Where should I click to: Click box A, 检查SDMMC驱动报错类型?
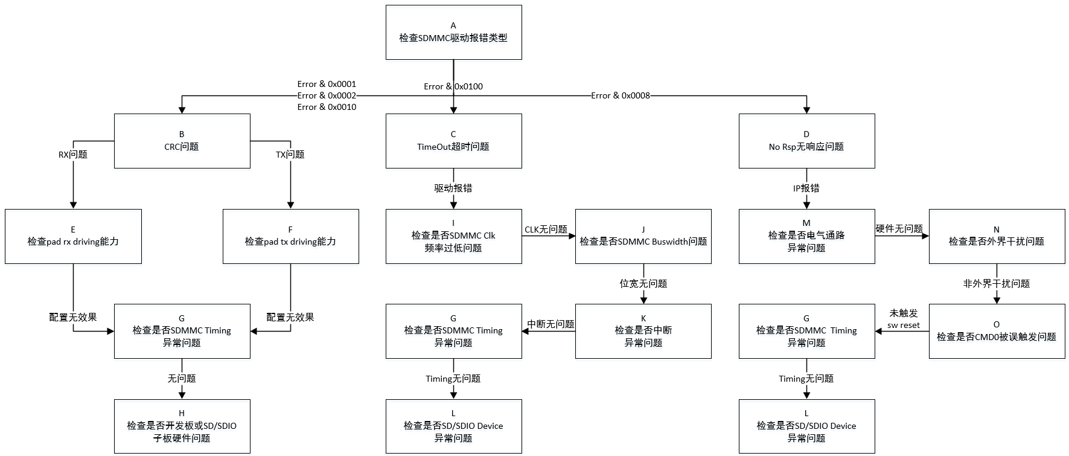[453, 33]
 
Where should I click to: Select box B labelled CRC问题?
[182, 141]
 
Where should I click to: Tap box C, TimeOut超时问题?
[453, 141]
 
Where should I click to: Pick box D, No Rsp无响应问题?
[806, 141]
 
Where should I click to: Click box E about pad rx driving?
[73, 236]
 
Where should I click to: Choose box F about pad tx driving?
[290, 236]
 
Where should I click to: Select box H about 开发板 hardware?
[182, 426]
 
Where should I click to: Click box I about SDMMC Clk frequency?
[453, 236]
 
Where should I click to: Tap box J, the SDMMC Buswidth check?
[643, 236]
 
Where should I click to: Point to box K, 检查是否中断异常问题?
[643, 331]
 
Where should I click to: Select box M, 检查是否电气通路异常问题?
[806, 236]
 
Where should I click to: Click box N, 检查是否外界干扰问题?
[997, 236]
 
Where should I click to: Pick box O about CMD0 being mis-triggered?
[997, 331]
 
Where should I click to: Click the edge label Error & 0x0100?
[453, 86]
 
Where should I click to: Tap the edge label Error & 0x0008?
[621, 95]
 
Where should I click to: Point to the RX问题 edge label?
[73, 155]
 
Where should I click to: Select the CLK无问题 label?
[546, 230]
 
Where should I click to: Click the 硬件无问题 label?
[899, 228]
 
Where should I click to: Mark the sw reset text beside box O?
[904, 326]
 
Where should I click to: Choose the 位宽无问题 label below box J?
[643, 283]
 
